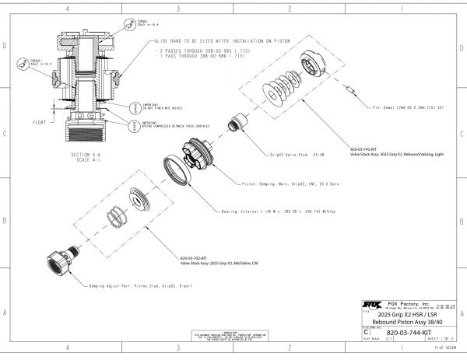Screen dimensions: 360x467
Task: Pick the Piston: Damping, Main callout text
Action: tap(286, 184)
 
